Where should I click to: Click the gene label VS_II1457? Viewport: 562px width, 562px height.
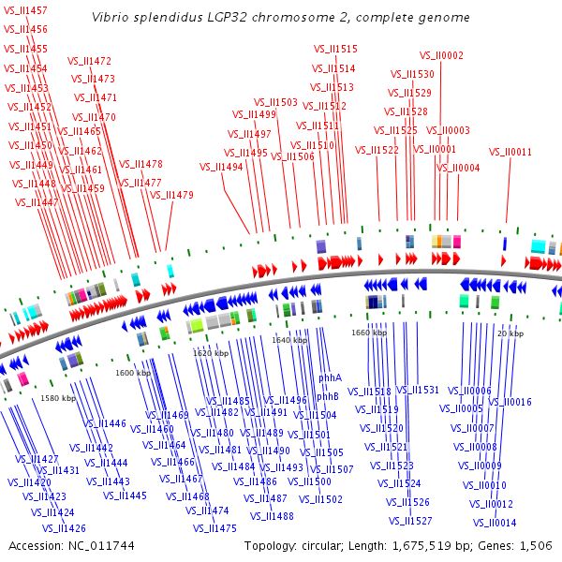coord(25,10)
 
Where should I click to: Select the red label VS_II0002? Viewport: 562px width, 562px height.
coord(441,55)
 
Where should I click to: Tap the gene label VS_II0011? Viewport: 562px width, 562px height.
coord(510,152)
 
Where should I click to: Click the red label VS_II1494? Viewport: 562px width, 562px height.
coord(221,167)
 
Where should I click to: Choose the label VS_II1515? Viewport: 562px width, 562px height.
coord(334,49)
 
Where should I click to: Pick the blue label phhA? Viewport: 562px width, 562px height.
coord(330,377)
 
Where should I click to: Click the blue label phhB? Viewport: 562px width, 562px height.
coord(327,396)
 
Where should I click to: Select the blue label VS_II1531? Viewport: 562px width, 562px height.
coord(417,390)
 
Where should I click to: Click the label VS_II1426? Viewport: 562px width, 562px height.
coord(64,528)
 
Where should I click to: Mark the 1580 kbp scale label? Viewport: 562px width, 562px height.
coord(57,398)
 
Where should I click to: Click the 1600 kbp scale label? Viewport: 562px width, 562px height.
coord(133,373)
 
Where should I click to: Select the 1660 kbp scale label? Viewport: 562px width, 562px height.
coord(369,333)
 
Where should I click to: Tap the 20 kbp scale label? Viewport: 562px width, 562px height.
coord(510,333)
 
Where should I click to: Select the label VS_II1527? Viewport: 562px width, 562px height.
coord(410,521)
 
